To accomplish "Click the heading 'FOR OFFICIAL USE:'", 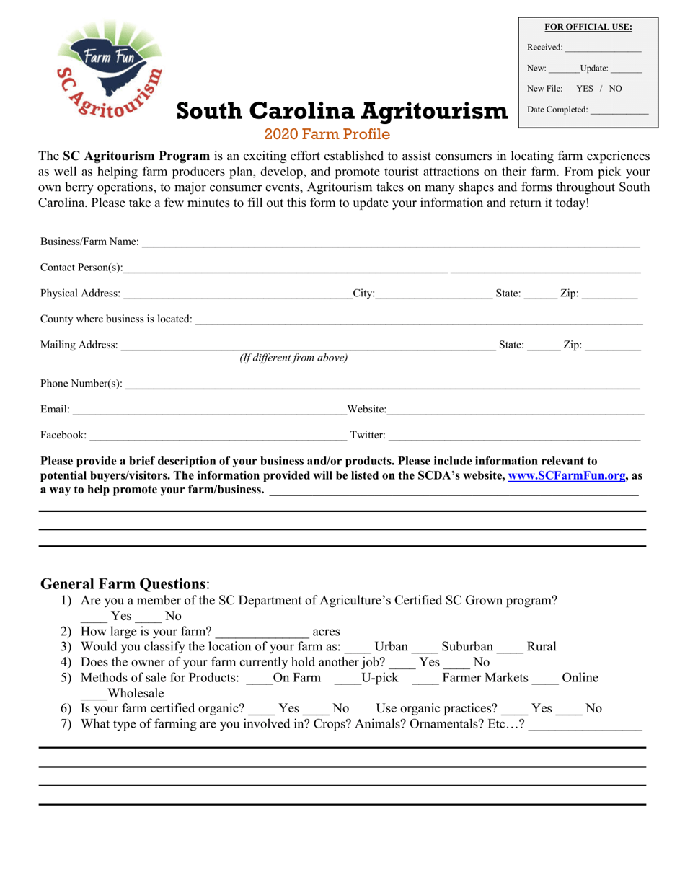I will pyautogui.click(x=588, y=27).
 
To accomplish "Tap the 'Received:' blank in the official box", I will pyautogui.click(x=603, y=48).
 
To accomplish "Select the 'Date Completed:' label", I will pyautogui.click(x=557, y=110).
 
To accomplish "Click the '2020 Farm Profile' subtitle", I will pyautogui.click(x=327, y=134).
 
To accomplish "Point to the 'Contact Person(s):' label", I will pyautogui.click(x=81, y=268).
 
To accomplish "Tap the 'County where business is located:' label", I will pyautogui.click(x=116, y=319).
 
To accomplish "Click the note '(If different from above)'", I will pyautogui.click(x=293, y=358).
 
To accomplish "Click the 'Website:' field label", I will pyautogui.click(x=366, y=410).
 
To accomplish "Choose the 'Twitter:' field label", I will pyautogui.click(x=367, y=435).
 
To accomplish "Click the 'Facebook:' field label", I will pyautogui.click(x=63, y=435).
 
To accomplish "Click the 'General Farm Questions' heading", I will pyautogui.click(x=123, y=583).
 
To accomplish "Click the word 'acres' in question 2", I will pyautogui.click(x=326, y=632).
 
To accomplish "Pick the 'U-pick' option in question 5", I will pyautogui.click(x=380, y=678).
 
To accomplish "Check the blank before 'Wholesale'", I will pyautogui.click(x=93, y=694).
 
